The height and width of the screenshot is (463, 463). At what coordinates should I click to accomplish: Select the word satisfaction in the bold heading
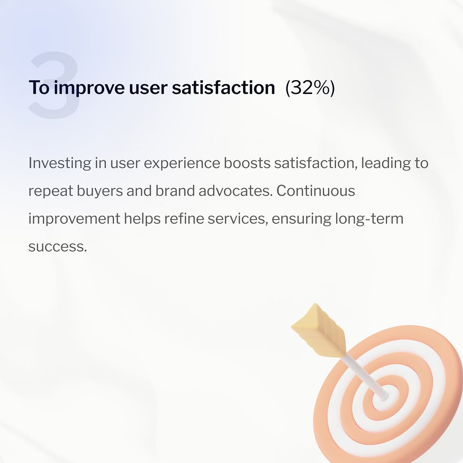tap(223, 87)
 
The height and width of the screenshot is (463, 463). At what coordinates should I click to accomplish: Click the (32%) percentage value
tap(310, 87)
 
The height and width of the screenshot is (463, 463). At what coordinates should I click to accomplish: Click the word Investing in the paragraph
tap(60, 163)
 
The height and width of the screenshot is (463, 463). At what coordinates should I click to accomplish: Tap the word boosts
tap(247, 163)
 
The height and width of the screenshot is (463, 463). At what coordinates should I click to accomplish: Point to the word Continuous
tap(316, 191)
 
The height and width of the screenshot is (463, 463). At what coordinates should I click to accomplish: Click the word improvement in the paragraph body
tap(74, 219)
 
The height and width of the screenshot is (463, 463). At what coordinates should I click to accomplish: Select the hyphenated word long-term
tap(367, 219)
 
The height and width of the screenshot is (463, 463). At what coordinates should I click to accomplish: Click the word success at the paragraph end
tap(57, 247)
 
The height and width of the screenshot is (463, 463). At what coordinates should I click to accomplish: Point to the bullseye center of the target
tap(382, 396)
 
